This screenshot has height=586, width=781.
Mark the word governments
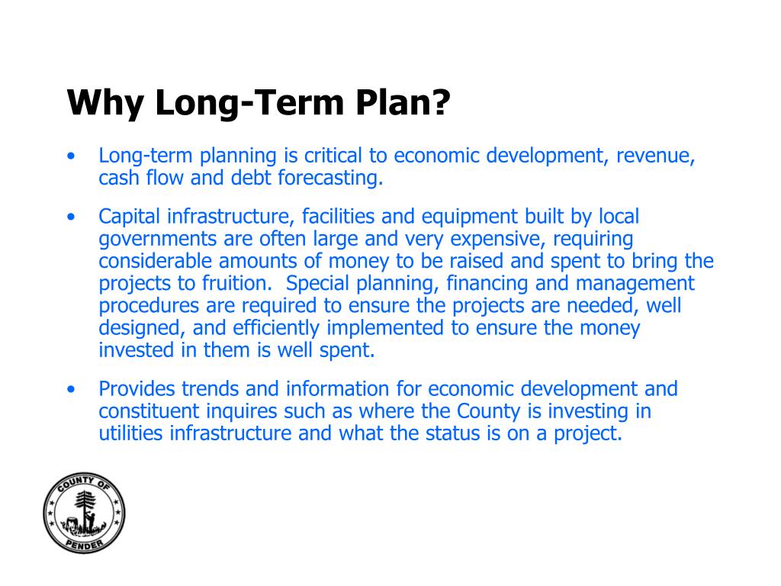pos(158,240)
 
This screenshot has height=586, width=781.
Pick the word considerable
pos(156,262)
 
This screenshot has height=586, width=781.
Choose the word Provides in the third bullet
pos(137,389)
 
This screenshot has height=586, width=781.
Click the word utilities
pos(131,433)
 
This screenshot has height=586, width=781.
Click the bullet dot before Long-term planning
pos(71,157)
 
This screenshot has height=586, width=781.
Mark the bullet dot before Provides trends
pos(71,390)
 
